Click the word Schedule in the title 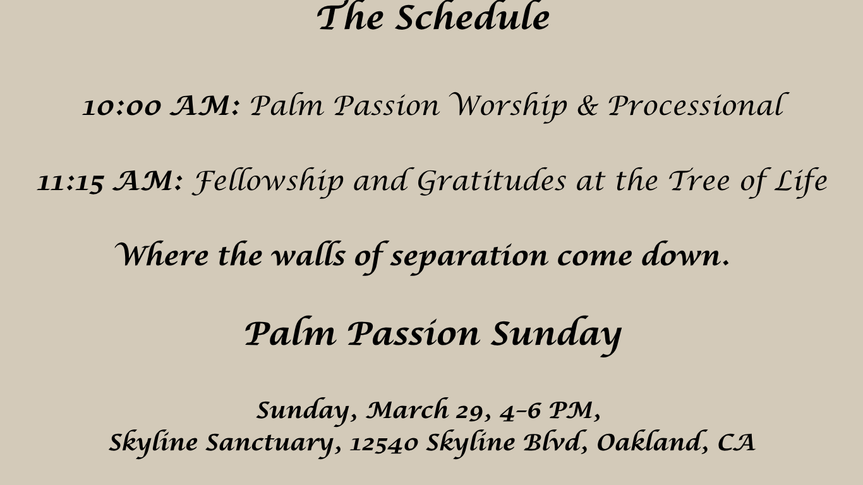point(473,16)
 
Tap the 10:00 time point(122,107)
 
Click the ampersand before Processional point(588,106)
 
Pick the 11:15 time point(71,182)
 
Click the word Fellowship point(267,181)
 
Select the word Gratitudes point(492,181)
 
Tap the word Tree point(699,181)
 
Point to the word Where point(162,254)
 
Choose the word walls point(308,254)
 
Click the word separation point(469,257)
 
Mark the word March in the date point(407,410)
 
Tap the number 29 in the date point(469,412)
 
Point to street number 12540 point(383,444)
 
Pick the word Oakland point(648,442)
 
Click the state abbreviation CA point(736,442)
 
